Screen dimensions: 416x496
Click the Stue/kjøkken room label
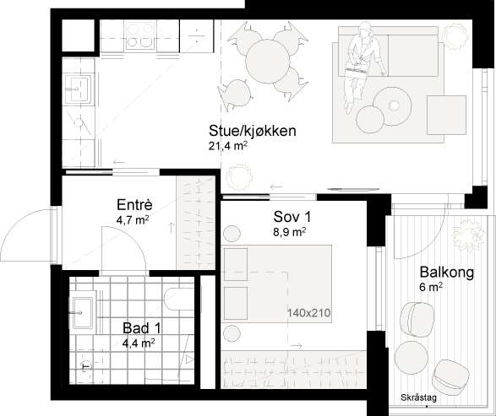coord(252,131)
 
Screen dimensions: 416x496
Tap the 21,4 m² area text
coord(227,145)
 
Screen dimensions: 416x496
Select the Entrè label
coord(134,205)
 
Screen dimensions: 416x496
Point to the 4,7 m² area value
coord(133,220)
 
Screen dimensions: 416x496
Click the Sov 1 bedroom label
coord(285,216)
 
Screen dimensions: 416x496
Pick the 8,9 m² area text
coord(287,230)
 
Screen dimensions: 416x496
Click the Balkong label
coord(444,273)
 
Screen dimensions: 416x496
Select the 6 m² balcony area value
coord(432,288)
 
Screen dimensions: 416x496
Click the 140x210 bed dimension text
coord(308,314)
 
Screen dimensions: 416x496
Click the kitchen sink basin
coord(81,88)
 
